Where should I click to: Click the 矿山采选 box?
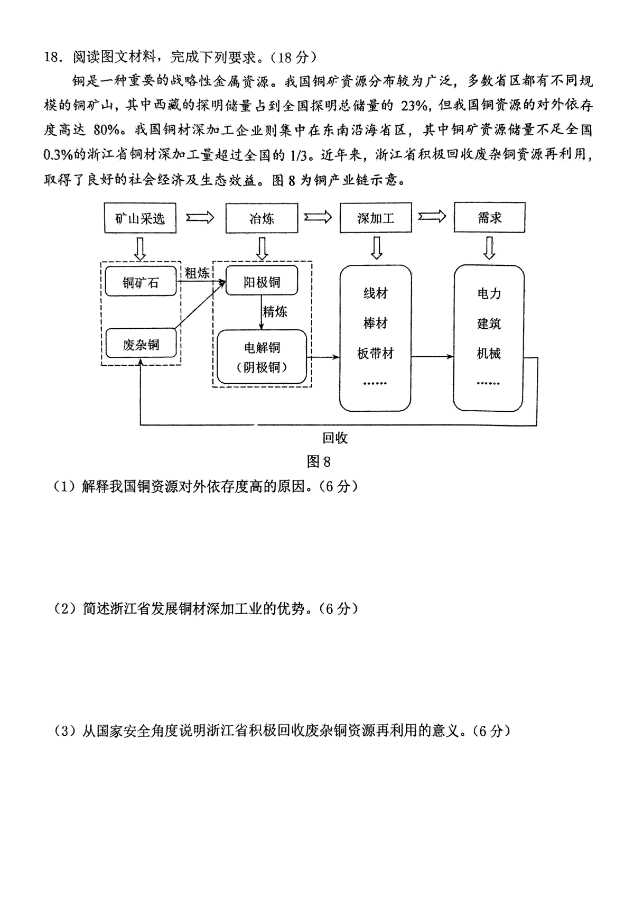pyautogui.click(x=140, y=218)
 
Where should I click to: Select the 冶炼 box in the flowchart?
pyautogui.click(x=262, y=218)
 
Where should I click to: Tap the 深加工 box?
pyautogui.click(x=376, y=218)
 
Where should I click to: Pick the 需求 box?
pyautogui.click(x=489, y=217)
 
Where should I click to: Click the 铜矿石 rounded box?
pyautogui.click(x=141, y=282)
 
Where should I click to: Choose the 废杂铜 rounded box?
pyautogui.click(x=141, y=345)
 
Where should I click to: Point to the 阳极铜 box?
pyautogui.click(x=262, y=282)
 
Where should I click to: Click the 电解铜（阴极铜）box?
pyautogui.click(x=262, y=357)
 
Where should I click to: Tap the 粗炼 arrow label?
pyautogui.click(x=197, y=273)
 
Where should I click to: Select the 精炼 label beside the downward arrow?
pyautogui.click(x=275, y=311)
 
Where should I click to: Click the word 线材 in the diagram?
pyautogui.click(x=376, y=293)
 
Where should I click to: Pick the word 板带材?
pyautogui.click(x=376, y=354)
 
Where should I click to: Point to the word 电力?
pyautogui.click(x=489, y=293)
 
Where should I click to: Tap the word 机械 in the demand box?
pyautogui.click(x=489, y=354)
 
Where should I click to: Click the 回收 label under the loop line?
pyautogui.click(x=335, y=438)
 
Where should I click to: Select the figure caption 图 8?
pyautogui.click(x=319, y=461)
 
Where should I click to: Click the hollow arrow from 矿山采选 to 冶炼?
pyautogui.click(x=200, y=217)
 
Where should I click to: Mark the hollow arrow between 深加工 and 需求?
pyautogui.click(x=432, y=217)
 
